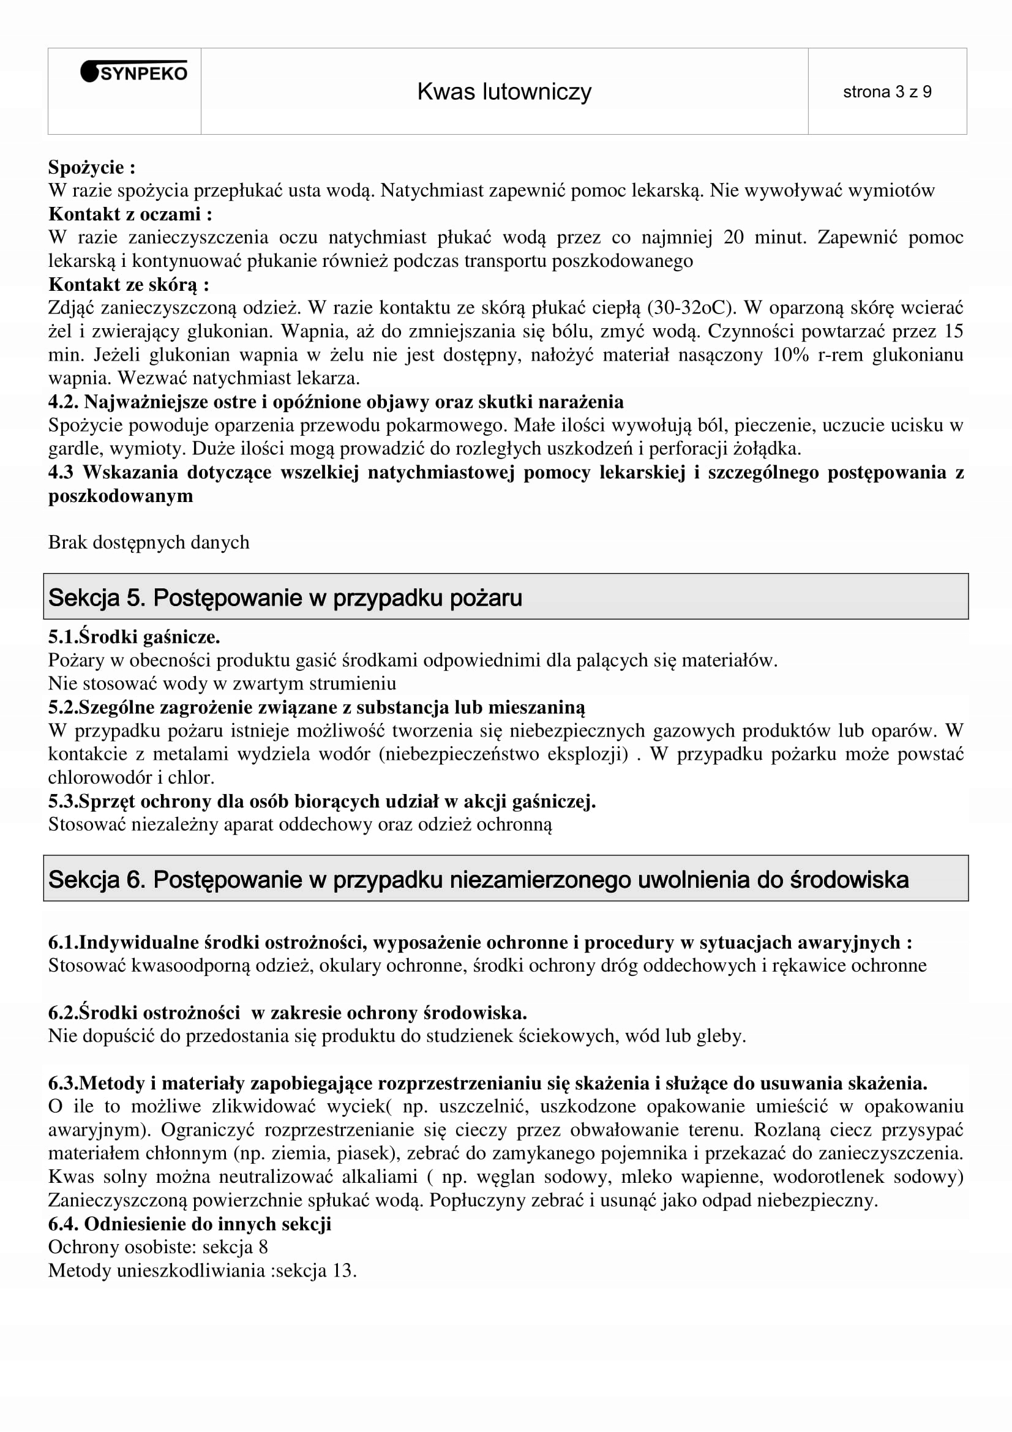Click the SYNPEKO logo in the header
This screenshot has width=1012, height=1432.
pyautogui.click(x=134, y=73)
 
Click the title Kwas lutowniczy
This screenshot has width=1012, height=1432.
pyautogui.click(x=504, y=92)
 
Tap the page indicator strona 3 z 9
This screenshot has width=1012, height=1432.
pyautogui.click(x=886, y=92)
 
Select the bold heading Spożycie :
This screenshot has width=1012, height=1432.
pyautogui.click(x=92, y=167)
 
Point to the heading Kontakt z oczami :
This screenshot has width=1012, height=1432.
pyautogui.click(x=130, y=214)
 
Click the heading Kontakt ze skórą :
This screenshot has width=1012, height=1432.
pyautogui.click(x=129, y=285)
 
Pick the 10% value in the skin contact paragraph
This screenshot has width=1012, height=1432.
pyautogui.click(x=790, y=355)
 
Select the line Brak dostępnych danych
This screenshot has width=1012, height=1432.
pyautogui.click(x=148, y=542)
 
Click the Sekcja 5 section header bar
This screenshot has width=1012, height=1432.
pyautogui.click(x=505, y=597)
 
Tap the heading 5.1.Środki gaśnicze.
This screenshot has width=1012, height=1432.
pyautogui.click(x=134, y=637)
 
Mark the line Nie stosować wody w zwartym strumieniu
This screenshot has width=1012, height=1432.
pyautogui.click(x=222, y=684)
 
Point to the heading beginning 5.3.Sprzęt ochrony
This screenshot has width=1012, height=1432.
pyautogui.click(x=322, y=801)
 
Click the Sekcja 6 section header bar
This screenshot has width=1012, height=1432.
pyautogui.click(x=505, y=879)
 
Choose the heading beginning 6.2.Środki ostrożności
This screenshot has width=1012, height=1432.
pyautogui.click(x=288, y=1012)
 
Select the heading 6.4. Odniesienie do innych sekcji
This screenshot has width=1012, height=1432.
pyautogui.click(x=190, y=1224)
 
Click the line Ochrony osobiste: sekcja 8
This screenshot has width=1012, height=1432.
pyautogui.click(x=158, y=1246)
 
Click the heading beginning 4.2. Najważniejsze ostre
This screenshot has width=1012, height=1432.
pyautogui.click(x=335, y=402)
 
